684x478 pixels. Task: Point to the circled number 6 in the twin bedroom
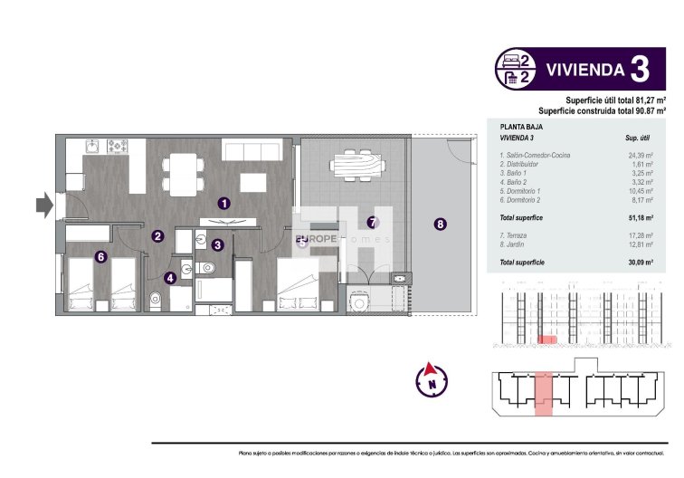pyautogui.click(x=101, y=256)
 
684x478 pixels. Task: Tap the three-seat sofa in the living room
pyautogui.click(x=244, y=148)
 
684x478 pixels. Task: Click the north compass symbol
pyautogui.click(x=432, y=377)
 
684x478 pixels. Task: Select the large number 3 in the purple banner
pyautogui.click(x=639, y=69)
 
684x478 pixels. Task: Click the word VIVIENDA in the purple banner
pyautogui.click(x=585, y=70)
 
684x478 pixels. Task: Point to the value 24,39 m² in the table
pyautogui.click(x=641, y=155)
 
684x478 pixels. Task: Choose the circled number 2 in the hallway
pyautogui.click(x=157, y=236)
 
